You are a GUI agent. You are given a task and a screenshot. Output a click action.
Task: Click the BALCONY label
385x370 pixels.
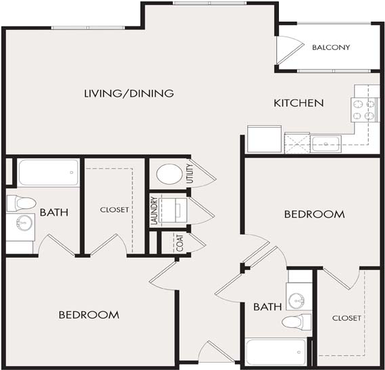click(x=331, y=47)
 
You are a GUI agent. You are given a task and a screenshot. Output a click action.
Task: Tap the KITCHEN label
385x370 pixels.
click(x=299, y=103)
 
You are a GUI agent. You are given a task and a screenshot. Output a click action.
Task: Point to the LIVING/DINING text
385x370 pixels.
click(x=129, y=93)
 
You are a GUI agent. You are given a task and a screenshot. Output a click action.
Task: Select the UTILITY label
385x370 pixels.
click(x=190, y=173)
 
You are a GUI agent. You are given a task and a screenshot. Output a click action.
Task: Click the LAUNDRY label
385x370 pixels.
click(x=154, y=210)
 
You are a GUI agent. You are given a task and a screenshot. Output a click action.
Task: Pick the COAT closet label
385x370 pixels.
click(x=180, y=243)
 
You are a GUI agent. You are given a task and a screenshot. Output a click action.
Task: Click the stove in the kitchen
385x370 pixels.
click(x=363, y=110)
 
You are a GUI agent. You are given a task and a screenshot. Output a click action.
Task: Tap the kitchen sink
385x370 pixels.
click(x=326, y=144)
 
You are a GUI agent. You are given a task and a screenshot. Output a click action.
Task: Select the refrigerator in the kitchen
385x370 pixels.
click(x=264, y=139)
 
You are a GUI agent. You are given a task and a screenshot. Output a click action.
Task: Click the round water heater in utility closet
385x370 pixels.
click(x=170, y=174)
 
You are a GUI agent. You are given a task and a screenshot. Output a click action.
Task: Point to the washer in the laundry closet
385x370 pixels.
click(x=173, y=210)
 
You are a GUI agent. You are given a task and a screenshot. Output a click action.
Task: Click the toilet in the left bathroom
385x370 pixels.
click(x=21, y=203)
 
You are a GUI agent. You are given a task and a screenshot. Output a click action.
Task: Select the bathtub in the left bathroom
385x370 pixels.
click(x=49, y=172)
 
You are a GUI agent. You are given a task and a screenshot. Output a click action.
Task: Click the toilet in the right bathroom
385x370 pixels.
click(x=297, y=322)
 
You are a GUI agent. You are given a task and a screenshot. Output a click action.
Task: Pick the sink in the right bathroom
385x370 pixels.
click(x=297, y=300)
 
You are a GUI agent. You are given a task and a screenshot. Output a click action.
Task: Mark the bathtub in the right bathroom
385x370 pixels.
click(x=276, y=352)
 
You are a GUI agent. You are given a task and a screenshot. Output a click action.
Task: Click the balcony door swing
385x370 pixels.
click(x=290, y=51)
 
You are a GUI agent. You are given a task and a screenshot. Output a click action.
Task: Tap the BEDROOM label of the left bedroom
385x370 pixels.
click(x=89, y=315)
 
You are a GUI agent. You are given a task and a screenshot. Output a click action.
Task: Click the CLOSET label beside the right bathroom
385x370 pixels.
click(x=346, y=318)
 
